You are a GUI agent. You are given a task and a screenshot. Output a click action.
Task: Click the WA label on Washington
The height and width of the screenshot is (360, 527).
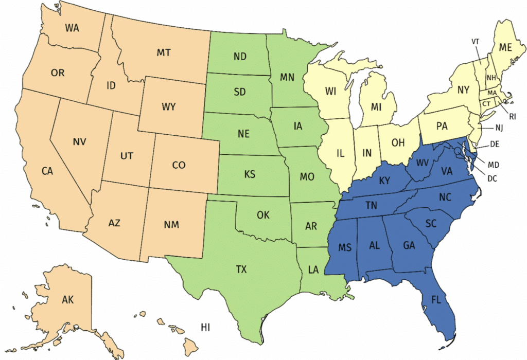click(72, 28)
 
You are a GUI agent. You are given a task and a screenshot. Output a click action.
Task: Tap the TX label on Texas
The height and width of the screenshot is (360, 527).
click(240, 268)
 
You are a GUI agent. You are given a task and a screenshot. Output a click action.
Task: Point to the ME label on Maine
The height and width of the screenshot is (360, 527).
click(507, 47)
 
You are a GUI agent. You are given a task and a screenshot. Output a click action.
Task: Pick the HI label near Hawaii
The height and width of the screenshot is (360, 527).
click(206, 327)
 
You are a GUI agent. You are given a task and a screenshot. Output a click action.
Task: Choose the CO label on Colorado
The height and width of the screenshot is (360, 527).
click(179, 165)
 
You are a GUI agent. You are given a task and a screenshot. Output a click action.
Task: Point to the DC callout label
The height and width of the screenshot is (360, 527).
click(491, 179)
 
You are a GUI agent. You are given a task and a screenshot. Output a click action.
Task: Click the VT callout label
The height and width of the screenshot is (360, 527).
click(476, 41)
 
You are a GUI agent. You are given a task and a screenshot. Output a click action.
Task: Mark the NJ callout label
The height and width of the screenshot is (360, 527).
click(498, 127)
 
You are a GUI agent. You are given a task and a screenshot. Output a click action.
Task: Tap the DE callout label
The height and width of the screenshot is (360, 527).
click(495, 145)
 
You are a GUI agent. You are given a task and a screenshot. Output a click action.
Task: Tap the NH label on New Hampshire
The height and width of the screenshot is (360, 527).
click(491, 78)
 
